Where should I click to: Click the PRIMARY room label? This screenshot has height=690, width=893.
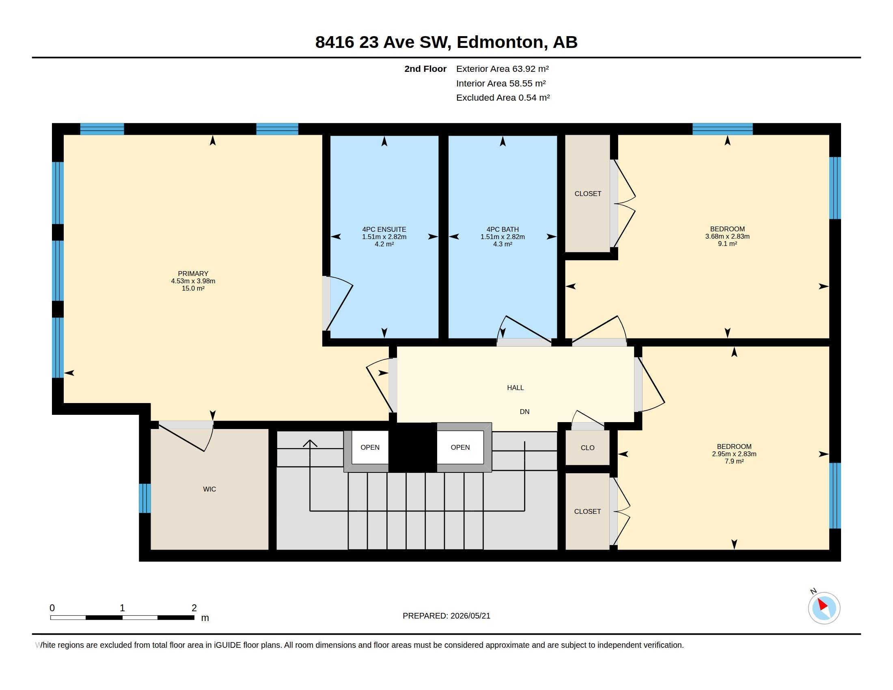pos(193,274)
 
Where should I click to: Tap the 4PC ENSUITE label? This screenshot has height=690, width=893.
pos(384,229)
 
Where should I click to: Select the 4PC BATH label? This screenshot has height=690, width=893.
pos(503,229)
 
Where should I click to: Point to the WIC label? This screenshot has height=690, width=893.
pos(209,489)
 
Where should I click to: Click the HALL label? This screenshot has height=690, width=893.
pos(515,388)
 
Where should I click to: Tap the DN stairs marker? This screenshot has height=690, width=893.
pos(524,412)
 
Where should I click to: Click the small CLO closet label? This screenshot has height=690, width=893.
pos(588,448)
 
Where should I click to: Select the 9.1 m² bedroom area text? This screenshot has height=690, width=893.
pos(727,244)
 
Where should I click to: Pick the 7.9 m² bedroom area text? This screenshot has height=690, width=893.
pos(734,461)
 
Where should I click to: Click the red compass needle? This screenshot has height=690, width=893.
pos(822,605)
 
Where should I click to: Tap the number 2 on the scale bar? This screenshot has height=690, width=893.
pos(194,608)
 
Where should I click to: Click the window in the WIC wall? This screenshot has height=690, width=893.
pos(145,498)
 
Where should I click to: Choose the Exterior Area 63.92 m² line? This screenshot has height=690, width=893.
pos(503,69)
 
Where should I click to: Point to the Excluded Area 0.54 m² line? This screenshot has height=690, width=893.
pos(503,98)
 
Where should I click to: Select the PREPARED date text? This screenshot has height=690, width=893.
pos(446,616)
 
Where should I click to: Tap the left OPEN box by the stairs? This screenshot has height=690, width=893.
pos(370,447)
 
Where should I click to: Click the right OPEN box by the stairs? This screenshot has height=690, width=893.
pos(460,447)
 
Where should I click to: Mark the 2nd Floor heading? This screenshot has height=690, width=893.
pos(425,69)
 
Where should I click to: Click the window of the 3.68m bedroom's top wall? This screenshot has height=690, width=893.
pos(723,129)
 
